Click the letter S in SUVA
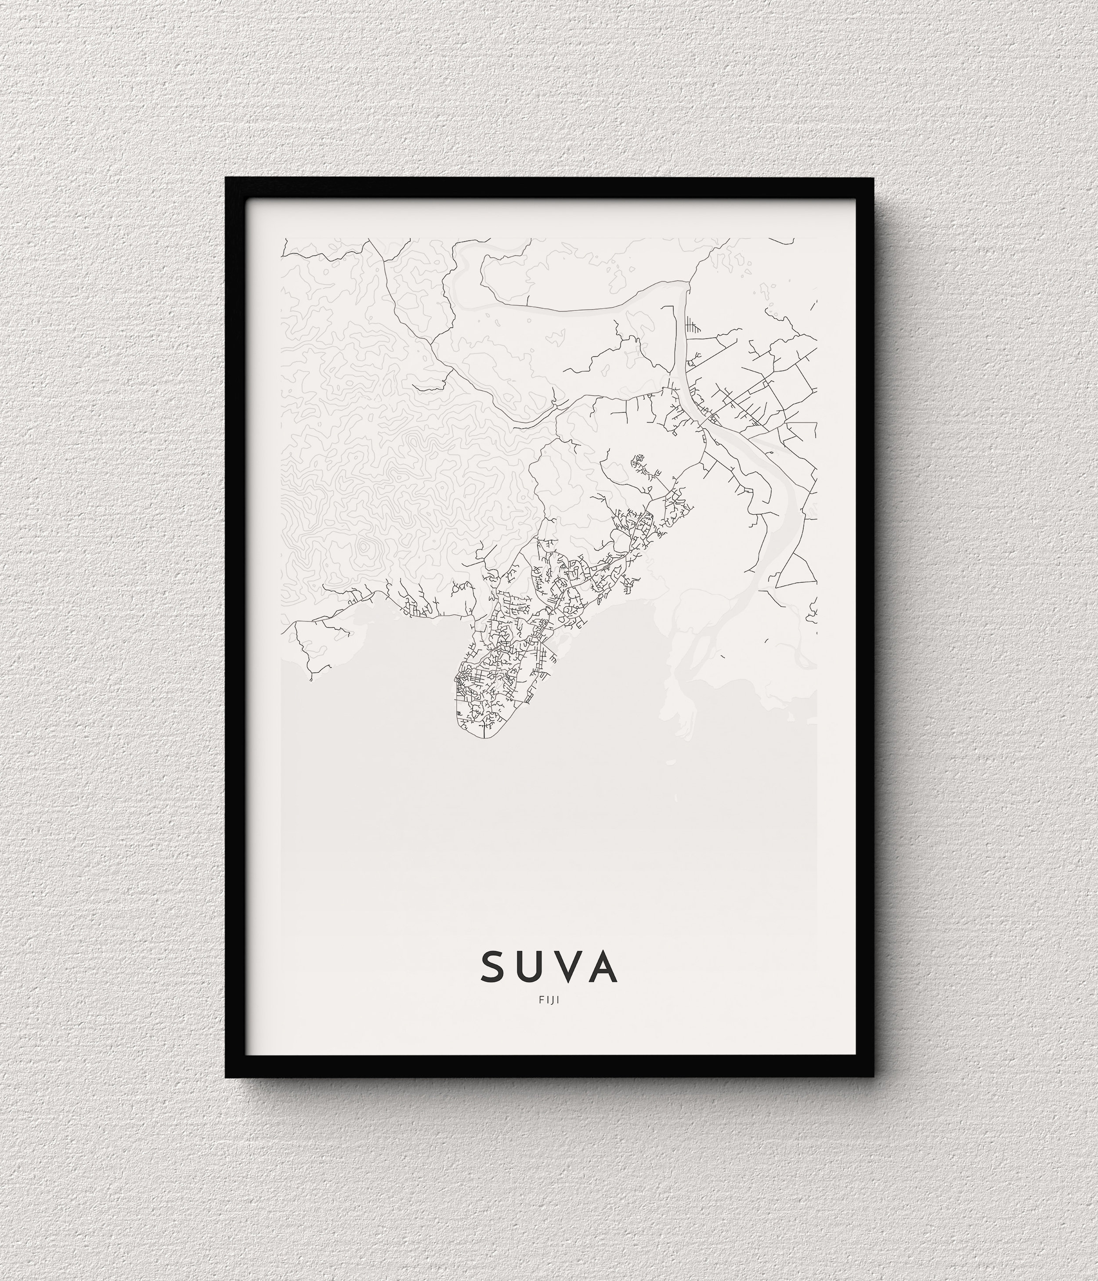point(494,967)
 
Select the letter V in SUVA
point(567,967)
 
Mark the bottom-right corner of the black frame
point(874,1077)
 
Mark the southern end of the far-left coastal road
point(311,679)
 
